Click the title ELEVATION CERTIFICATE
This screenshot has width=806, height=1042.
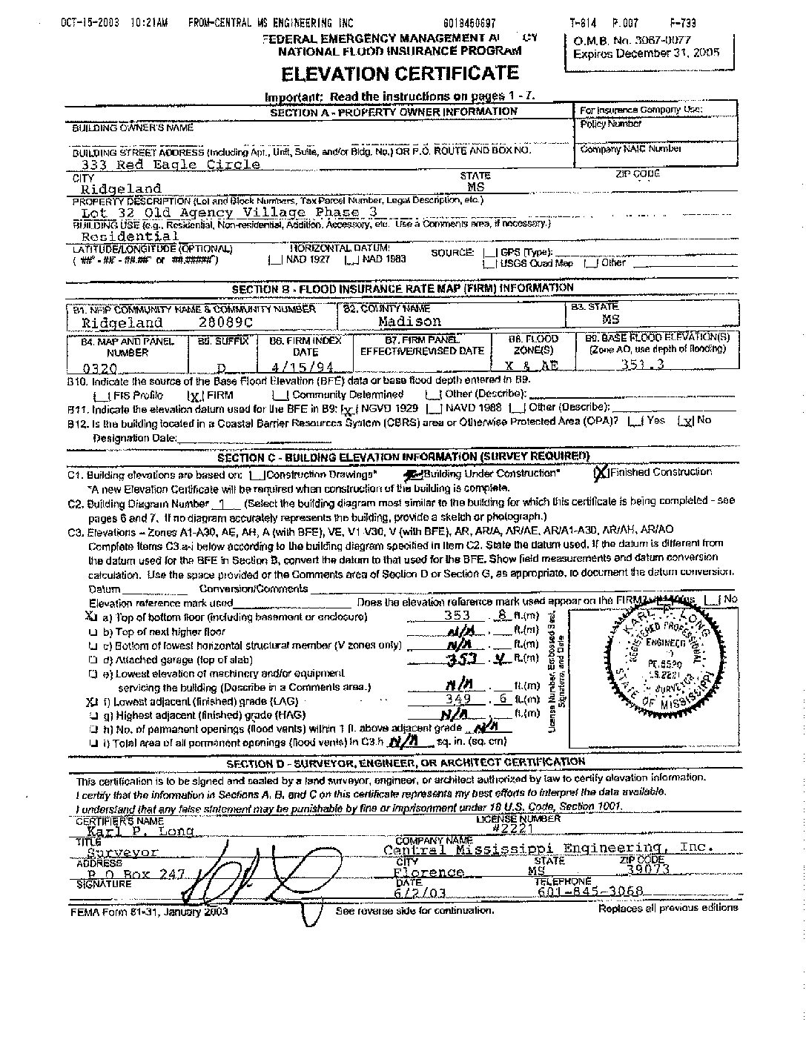pyautogui.click(x=399, y=73)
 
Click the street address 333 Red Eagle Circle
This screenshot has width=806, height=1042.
pyautogui.click(x=171, y=165)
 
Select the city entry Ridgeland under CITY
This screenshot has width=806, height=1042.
pyautogui.click(x=121, y=188)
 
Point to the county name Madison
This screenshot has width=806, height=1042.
pyautogui.click(x=409, y=322)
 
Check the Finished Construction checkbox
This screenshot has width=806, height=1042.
pyautogui.click(x=601, y=472)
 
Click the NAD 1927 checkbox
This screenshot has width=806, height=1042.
pyautogui.click(x=274, y=260)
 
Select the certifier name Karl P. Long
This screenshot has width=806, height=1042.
pyautogui.click(x=140, y=831)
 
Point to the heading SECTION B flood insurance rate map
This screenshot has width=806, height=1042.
pyautogui.click(x=403, y=288)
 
